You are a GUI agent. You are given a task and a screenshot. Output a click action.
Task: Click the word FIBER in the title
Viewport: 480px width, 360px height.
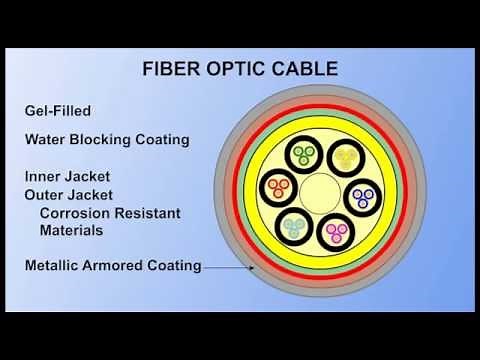pos(163,71)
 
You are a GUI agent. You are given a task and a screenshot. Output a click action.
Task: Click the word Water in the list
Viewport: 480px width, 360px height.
pos(47,139)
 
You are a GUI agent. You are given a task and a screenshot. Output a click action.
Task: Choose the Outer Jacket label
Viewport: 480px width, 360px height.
pos(70,194)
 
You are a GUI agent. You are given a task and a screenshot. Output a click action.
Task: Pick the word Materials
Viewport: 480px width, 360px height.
pos(73,229)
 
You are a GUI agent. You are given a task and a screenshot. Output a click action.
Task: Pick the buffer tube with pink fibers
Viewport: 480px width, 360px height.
pos(337,234)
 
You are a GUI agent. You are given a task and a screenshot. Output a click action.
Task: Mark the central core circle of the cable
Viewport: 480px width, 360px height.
pos(321,192)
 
